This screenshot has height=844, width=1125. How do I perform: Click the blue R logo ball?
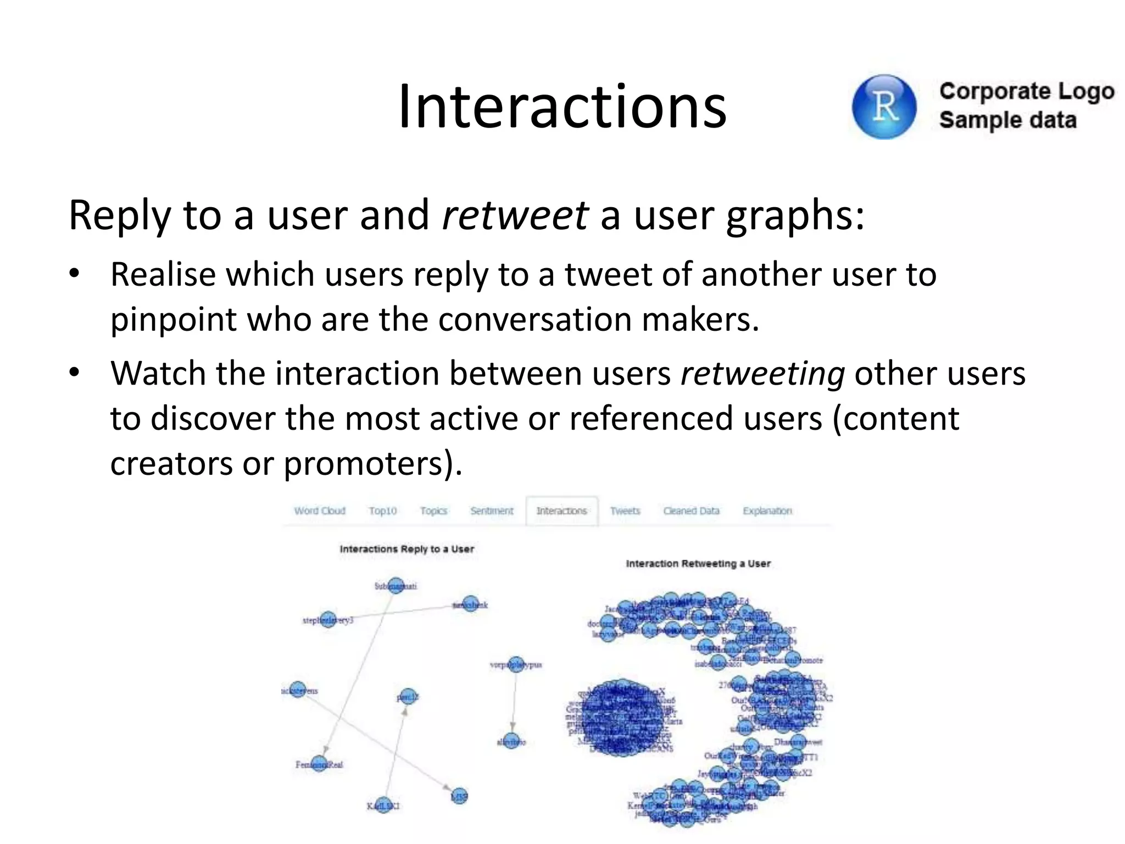[x=884, y=107]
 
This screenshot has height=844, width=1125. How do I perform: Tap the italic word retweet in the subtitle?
[x=515, y=215]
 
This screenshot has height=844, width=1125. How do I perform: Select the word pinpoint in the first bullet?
[x=174, y=319]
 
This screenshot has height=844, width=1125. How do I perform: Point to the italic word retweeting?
[x=762, y=374]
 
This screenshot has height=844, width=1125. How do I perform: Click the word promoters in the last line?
[x=363, y=463]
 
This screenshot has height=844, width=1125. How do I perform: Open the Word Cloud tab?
[x=320, y=511]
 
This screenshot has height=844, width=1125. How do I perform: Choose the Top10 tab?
[x=382, y=511]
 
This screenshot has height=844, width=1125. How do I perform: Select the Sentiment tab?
[x=492, y=511]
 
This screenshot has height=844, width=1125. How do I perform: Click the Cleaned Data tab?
[x=691, y=511]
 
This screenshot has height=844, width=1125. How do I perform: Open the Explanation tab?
[x=767, y=511]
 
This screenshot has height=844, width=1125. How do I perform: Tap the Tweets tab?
[x=625, y=511]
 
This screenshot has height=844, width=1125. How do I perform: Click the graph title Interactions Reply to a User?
[x=406, y=549]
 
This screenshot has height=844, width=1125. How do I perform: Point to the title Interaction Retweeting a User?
[x=698, y=564]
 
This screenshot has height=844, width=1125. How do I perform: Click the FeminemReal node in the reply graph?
[x=319, y=764]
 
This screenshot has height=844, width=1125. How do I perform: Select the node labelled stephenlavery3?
[x=328, y=620]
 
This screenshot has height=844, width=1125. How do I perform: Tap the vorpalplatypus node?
[x=516, y=665]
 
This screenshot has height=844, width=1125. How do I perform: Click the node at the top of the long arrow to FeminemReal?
[x=396, y=586]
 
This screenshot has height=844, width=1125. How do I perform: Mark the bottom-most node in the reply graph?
[x=383, y=806]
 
